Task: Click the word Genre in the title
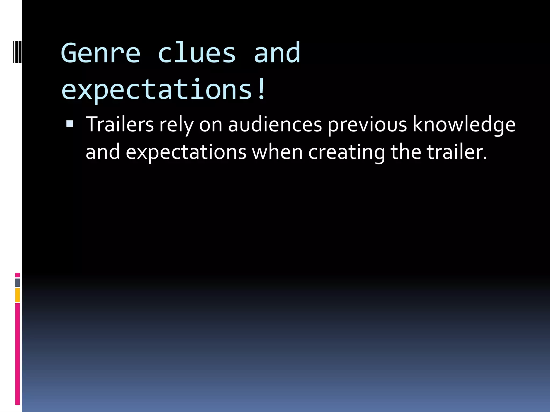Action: coord(100,53)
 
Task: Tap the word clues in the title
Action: coord(197,53)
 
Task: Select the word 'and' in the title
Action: coord(277,53)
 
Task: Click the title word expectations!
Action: coord(164,90)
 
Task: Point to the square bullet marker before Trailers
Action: coord(70,124)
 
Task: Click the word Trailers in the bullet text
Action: coord(120,124)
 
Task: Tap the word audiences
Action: coord(275,124)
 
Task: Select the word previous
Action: coord(367,125)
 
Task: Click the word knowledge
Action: coord(464,125)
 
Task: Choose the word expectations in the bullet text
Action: coord(186,152)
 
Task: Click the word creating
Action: coord(346,152)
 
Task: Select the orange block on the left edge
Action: coord(17,295)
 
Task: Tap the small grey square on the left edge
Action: coord(17,282)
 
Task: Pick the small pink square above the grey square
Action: coord(17,275)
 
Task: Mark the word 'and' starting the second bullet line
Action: coord(103,152)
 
